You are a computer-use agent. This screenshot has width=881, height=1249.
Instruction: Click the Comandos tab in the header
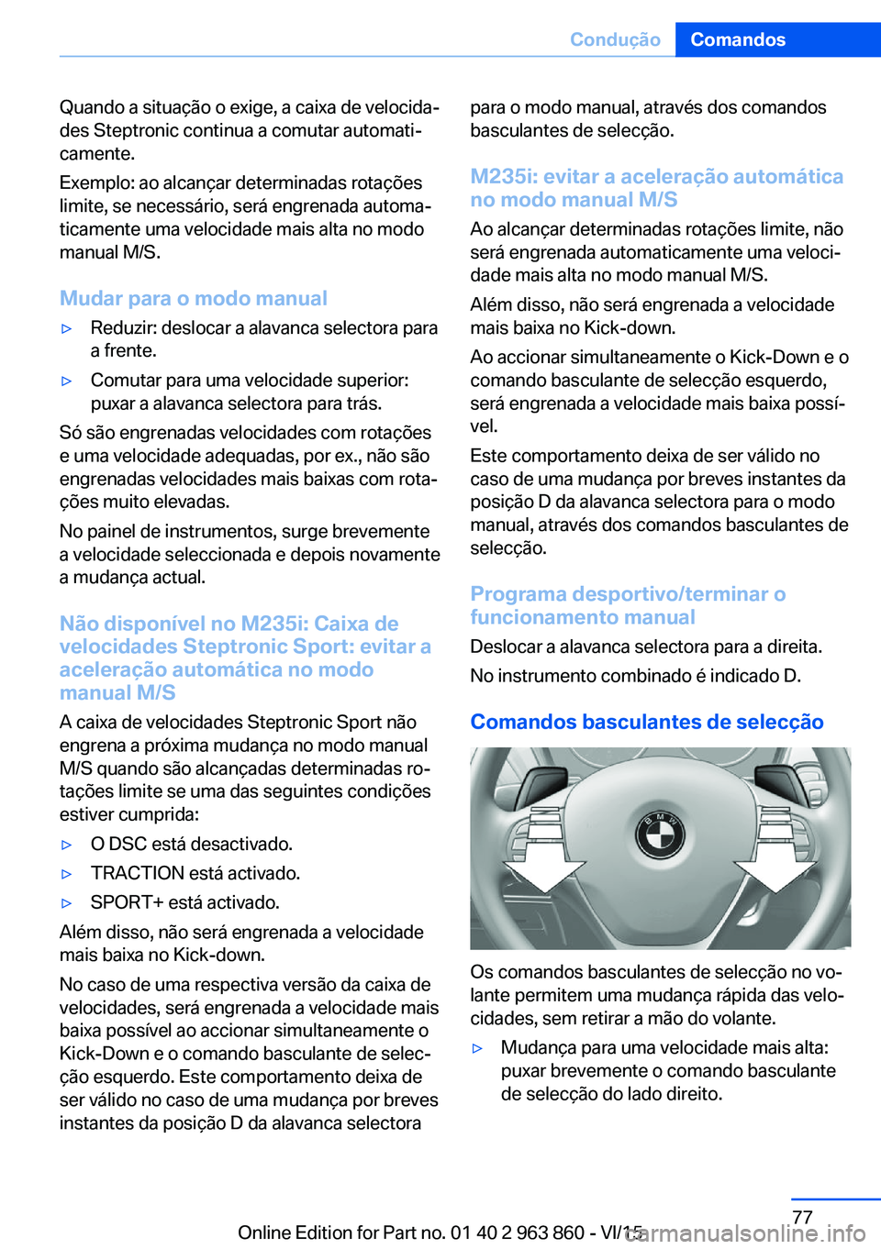click(x=738, y=39)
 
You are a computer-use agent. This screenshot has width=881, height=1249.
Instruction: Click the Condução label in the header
click(x=615, y=39)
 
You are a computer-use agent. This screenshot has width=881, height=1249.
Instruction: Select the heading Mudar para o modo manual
click(x=193, y=298)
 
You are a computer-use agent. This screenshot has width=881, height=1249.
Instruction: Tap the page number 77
click(x=802, y=1217)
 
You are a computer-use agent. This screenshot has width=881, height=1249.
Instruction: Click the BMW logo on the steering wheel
click(x=660, y=835)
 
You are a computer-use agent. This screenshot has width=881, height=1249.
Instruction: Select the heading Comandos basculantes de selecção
click(x=647, y=722)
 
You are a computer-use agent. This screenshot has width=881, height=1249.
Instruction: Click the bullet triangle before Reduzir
click(x=66, y=328)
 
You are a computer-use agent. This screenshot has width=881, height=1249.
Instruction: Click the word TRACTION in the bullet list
click(x=137, y=873)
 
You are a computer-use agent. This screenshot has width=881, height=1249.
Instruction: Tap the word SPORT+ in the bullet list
click(x=122, y=902)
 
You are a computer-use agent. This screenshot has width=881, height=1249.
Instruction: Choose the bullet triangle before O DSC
click(x=66, y=845)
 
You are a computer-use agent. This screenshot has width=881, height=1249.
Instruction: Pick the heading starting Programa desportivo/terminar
click(x=628, y=594)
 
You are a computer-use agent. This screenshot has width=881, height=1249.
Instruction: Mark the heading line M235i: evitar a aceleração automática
click(x=656, y=176)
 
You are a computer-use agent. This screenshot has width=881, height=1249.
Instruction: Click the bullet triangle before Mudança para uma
click(x=477, y=1048)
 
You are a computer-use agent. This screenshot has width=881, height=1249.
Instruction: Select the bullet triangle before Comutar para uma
click(x=66, y=381)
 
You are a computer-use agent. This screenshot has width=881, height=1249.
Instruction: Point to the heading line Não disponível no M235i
click(x=229, y=624)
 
